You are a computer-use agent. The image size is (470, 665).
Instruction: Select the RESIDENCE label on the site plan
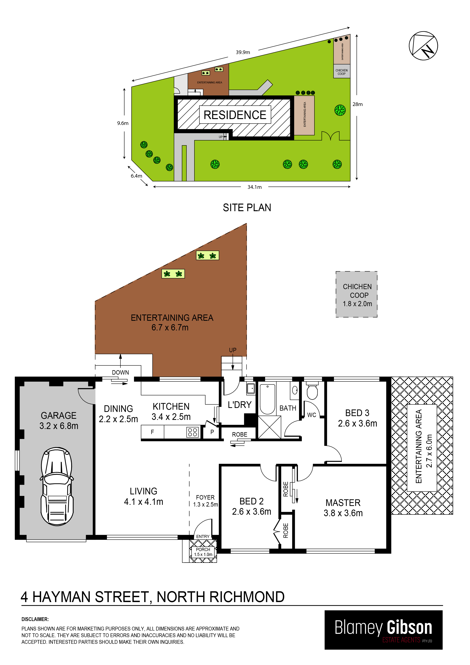[235, 115]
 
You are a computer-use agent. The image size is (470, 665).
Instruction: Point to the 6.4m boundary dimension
[136, 176]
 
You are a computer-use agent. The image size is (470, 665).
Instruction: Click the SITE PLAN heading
[247, 208]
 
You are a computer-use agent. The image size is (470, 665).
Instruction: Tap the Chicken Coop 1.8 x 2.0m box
[356, 294]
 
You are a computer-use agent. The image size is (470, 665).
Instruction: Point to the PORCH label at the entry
[203, 549]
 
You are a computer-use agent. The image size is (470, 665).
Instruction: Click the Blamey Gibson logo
[383, 630]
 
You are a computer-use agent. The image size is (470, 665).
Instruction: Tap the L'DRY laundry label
[240, 405]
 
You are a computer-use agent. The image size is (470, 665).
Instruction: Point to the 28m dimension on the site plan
[358, 104]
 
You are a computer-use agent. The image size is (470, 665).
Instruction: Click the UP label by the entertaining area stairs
[233, 350]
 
